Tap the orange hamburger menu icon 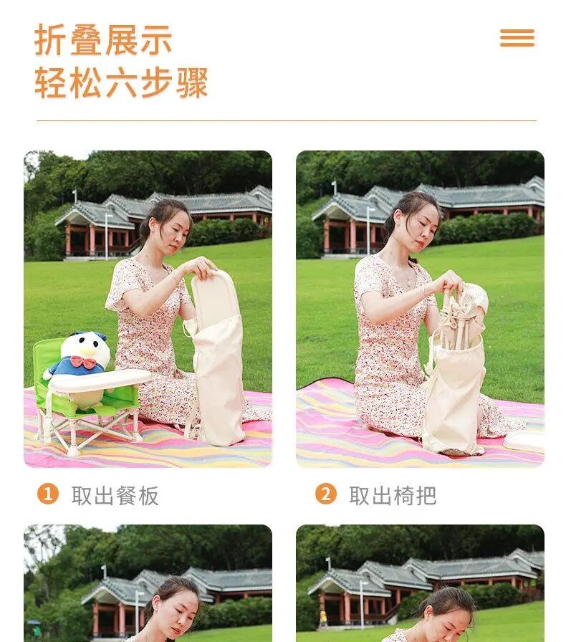517,38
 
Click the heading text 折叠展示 102,39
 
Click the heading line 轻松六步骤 121,82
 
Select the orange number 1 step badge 48,494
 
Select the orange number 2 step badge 325,494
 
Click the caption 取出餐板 115,495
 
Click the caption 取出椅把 393,495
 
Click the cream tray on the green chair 100,380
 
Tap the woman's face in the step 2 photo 423,227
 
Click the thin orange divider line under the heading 287,121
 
